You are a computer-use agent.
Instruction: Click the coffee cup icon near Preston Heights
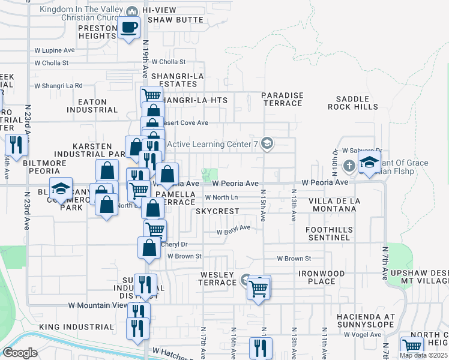[x=128, y=28]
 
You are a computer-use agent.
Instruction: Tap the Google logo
[x=20, y=353]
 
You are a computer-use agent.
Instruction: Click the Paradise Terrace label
[x=282, y=99]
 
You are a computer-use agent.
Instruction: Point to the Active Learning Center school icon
[x=268, y=143]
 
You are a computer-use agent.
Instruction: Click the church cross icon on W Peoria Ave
[x=349, y=164]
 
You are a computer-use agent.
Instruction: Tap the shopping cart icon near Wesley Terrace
[x=259, y=289]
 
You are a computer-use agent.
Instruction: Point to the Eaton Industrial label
[x=92, y=106]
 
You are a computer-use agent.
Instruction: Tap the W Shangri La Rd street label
[x=58, y=86]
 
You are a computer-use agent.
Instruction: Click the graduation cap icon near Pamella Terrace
[x=60, y=190]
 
